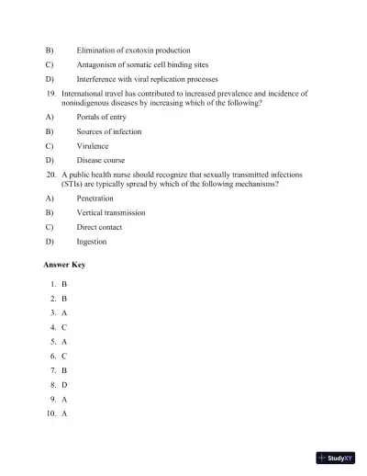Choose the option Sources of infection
[109, 131]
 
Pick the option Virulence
[93, 145]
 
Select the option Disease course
[100, 160]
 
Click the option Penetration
[95, 198]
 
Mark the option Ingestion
[92, 242]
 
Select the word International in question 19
[84, 94]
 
